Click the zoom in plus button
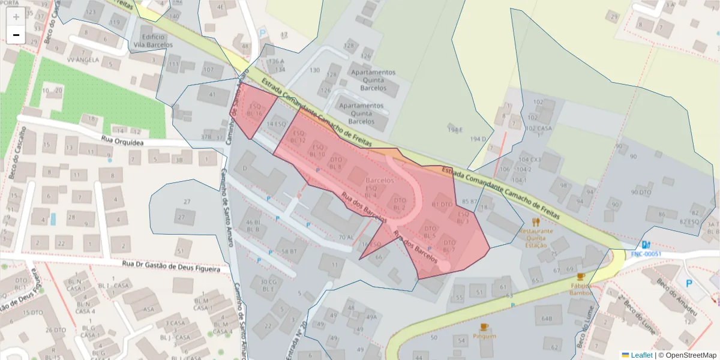coord(16,17)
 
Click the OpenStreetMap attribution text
coord(687,355)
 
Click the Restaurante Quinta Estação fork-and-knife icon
coord(536,222)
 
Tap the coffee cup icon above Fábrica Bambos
coord(580,277)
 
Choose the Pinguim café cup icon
coord(484,327)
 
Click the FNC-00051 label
coord(646,254)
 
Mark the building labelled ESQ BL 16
coord(256,110)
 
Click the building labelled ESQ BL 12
coord(298,137)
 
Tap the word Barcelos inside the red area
coord(379,180)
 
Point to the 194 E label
coord(455,130)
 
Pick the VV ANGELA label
coord(82,60)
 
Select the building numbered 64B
coord(547,318)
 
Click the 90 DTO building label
coord(641,193)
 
